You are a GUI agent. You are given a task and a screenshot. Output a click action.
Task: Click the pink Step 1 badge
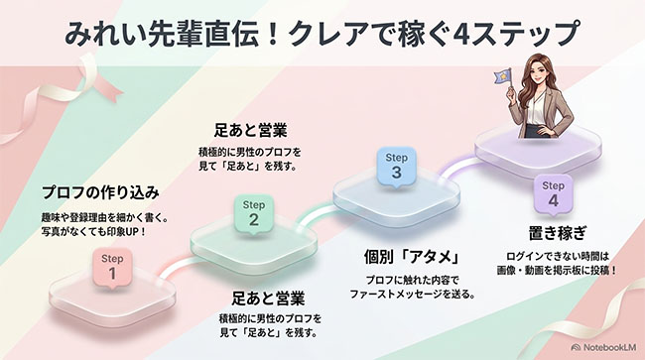[x=112, y=267]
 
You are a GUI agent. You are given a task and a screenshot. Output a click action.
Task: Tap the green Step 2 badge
[x=253, y=213]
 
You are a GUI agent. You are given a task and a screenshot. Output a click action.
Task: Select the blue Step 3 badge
[x=396, y=166]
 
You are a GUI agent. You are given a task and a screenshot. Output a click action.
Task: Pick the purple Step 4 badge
[x=553, y=194]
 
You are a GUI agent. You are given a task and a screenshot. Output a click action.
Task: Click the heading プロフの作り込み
[x=101, y=192]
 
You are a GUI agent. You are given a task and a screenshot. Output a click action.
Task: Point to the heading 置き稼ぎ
[x=557, y=233]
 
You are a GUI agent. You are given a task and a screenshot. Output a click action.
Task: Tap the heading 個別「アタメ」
[x=412, y=257]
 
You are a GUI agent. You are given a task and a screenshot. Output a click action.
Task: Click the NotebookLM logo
[x=603, y=347]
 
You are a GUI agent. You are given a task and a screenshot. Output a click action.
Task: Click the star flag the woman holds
[x=503, y=76]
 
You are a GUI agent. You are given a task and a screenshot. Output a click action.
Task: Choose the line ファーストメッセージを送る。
[x=413, y=295]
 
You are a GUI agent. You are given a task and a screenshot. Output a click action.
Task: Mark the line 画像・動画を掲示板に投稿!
[x=558, y=271]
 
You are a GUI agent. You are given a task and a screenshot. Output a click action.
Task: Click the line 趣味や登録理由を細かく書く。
[x=105, y=217]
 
